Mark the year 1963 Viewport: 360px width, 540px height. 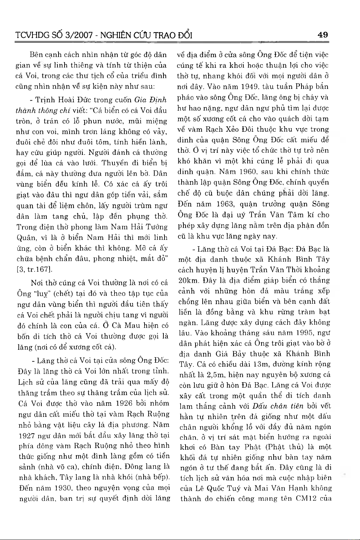(225, 204)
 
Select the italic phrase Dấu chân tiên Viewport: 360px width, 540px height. (278, 406)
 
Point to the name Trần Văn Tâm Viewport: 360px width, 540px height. (283, 215)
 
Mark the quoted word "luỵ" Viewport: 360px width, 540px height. (42, 294)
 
